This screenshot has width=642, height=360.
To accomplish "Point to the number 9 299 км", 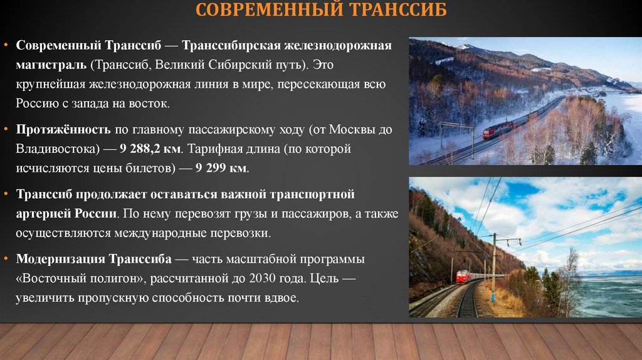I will (x=221, y=168).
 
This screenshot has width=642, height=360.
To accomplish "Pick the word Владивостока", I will (x=55, y=150).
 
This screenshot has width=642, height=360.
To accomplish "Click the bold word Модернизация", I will (x=61, y=259).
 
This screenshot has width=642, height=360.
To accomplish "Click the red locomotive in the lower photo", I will (x=464, y=277).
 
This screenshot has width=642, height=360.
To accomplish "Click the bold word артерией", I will (x=43, y=213).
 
